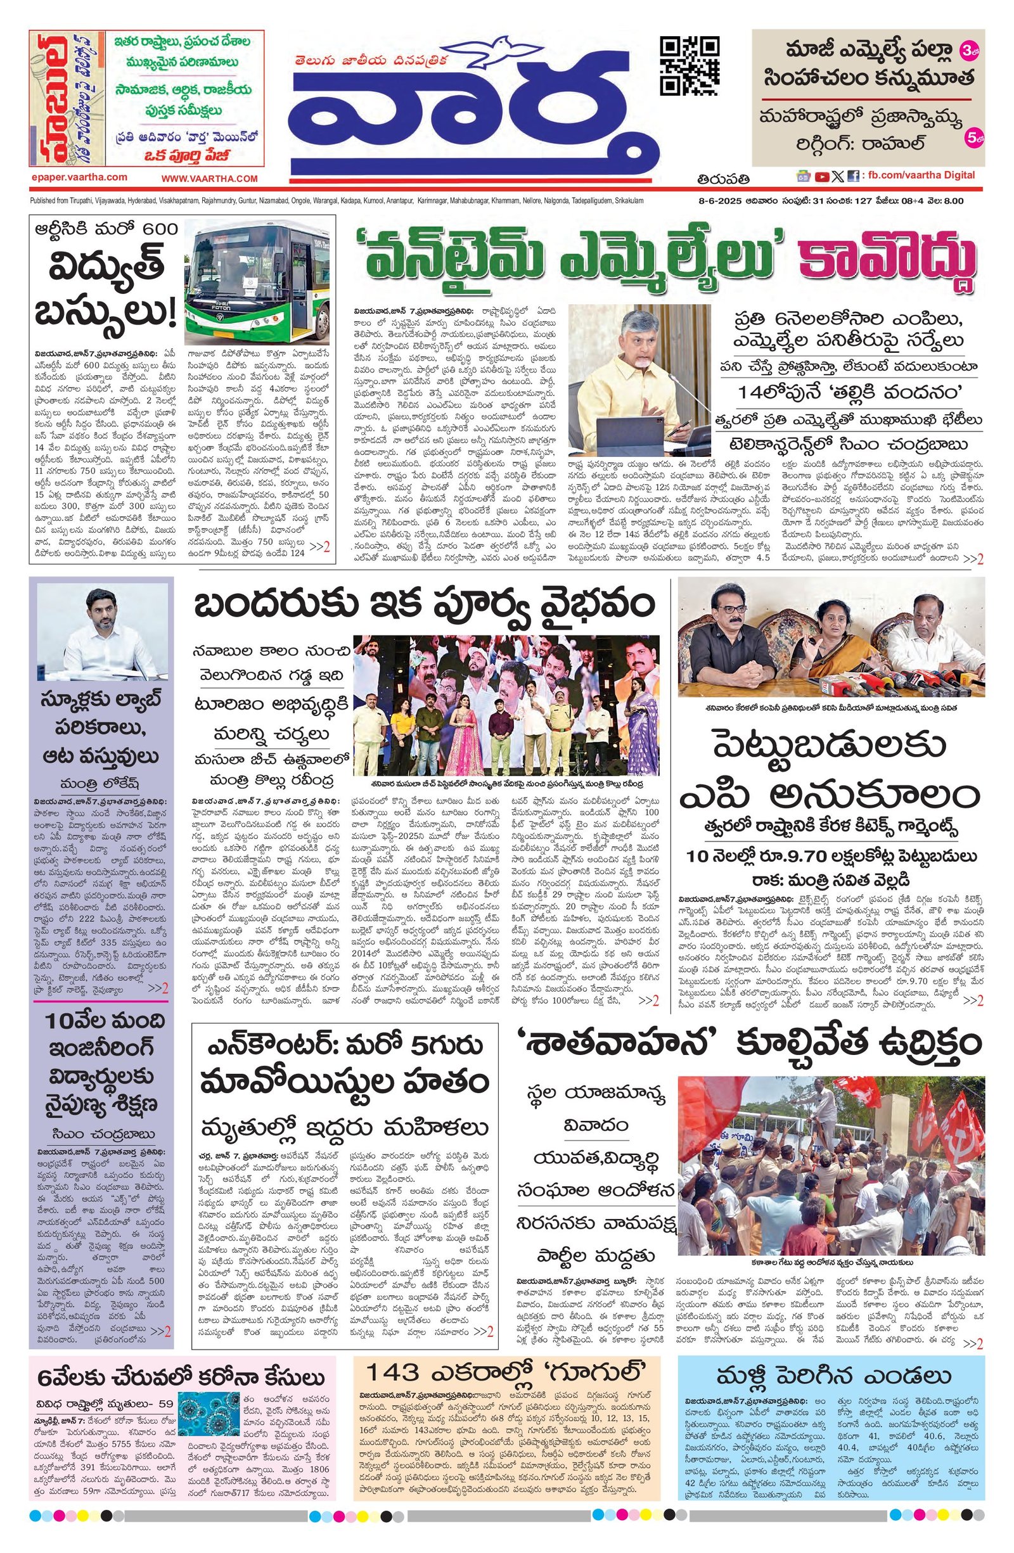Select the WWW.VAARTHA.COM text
coord(210,178)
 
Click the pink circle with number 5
coord(972,139)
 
